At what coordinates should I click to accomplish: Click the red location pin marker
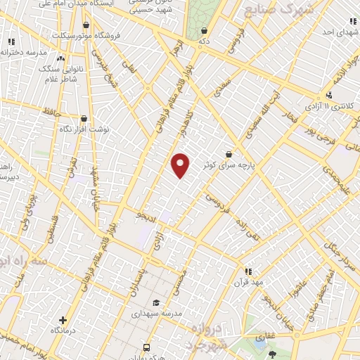point(181,165)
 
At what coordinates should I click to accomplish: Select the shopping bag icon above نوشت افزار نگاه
point(84,119)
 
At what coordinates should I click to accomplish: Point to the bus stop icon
point(146,347)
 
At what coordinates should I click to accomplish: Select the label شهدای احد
point(330,32)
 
